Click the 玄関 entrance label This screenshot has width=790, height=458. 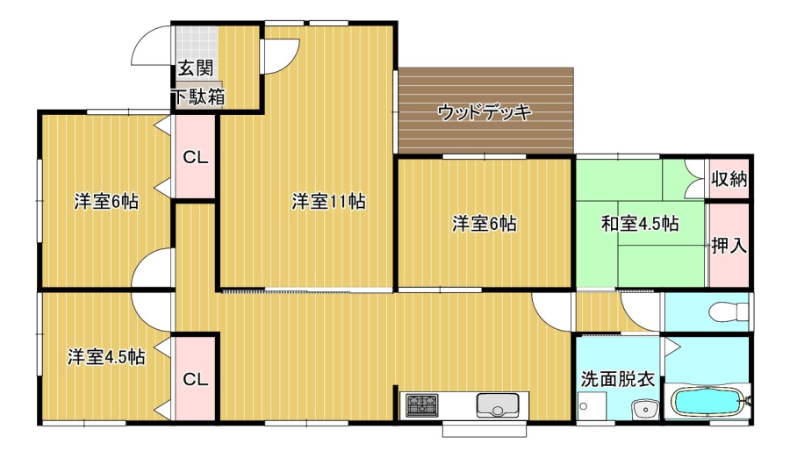(196, 68)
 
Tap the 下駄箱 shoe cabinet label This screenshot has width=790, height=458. (199, 97)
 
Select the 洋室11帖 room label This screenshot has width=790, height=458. (328, 202)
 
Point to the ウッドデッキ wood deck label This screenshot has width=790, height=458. (485, 111)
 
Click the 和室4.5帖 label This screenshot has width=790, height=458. (640, 223)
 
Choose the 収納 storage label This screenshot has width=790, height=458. (729, 178)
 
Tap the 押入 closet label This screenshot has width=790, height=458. (729, 246)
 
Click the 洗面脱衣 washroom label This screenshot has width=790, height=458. (618, 379)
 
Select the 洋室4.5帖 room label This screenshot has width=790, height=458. (106, 357)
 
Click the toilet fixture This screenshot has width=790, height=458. (729, 311)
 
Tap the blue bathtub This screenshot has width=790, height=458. (707, 402)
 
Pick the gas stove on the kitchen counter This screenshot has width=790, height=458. (422, 405)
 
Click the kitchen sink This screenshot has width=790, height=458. (498, 405)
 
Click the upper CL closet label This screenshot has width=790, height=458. (196, 158)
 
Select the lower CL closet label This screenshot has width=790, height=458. (196, 379)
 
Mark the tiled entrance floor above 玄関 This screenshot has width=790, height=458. (197, 41)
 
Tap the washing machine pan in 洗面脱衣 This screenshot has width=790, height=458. (592, 406)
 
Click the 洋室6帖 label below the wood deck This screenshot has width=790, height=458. (485, 224)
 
